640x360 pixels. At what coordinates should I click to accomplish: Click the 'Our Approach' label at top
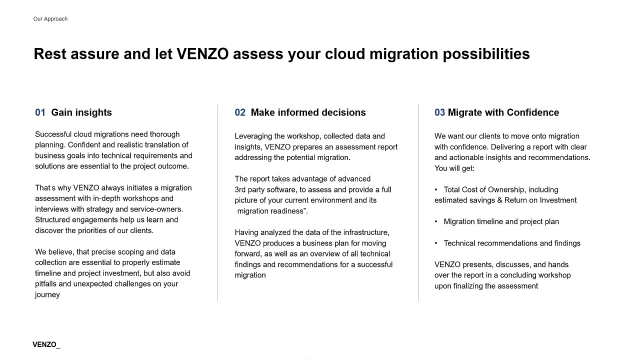(50, 19)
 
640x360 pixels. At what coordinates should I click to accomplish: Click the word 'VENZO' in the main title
(202, 54)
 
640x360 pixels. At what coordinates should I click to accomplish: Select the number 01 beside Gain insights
(40, 112)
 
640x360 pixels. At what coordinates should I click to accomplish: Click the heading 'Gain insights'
(81, 112)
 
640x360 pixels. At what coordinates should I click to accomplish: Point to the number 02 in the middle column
(240, 112)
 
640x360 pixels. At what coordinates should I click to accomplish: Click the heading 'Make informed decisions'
(308, 112)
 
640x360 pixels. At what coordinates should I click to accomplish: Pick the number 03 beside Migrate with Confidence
(439, 112)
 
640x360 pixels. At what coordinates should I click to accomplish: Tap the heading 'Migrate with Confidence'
(503, 112)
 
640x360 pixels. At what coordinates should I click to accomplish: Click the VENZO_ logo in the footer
(46, 344)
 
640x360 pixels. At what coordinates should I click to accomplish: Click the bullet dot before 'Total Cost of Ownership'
(436, 189)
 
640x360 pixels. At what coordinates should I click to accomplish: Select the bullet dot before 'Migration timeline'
(436, 221)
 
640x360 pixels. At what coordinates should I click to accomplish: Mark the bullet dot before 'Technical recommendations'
(436, 243)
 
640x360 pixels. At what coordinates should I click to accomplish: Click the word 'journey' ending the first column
(47, 294)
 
